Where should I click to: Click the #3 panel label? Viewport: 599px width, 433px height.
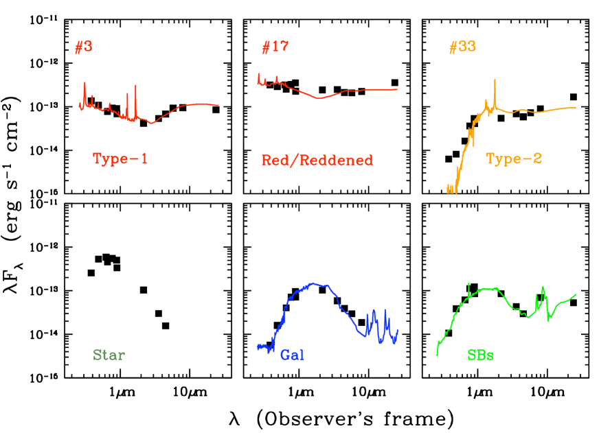[x=84, y=47]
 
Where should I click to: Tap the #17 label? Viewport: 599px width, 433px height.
[x=275, y=47]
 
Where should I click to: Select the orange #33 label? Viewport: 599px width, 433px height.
[x=462, y=47]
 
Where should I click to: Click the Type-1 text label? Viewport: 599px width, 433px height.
[x=120, y=159]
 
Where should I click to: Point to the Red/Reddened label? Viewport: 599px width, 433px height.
[x=317, y=161]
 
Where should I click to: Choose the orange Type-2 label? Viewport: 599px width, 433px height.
[x=514, y=159]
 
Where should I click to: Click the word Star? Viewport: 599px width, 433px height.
[x=109, y=355]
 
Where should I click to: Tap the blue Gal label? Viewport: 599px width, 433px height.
[x=292, y=355]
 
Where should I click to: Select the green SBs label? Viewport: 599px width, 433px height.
[x=480, y=355]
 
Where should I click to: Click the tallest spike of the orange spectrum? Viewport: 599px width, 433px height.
[x=494, y=80]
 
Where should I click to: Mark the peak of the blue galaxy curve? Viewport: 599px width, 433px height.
[x=313, y=283]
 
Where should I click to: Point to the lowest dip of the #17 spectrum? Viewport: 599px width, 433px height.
[x=319, y=99]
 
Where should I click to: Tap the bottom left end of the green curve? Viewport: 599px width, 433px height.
[x=437, y=354]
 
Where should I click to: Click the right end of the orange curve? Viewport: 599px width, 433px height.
[x=576, y=108]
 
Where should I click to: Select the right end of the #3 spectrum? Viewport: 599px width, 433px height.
[x=218, y=105]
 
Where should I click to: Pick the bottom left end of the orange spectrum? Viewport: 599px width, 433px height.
[x=448, y=192]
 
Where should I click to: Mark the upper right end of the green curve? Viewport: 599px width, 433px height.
[x=576, y=294]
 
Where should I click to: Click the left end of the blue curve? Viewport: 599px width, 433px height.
[x=257, y=347]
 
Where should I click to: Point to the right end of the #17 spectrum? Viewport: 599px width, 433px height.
[x=397, y=89]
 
